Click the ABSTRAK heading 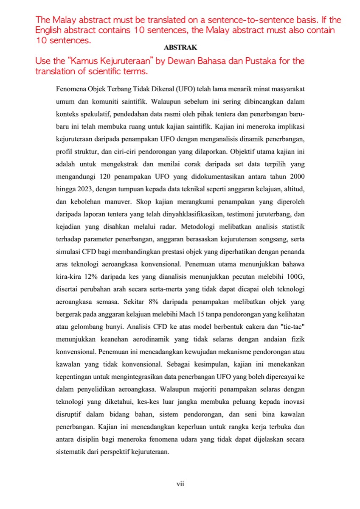pos(180,48)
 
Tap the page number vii pos(180,483)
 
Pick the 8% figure pos(152,302)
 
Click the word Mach pos(188,315)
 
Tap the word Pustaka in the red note pos(245,61)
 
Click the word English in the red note pos(50,31)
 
